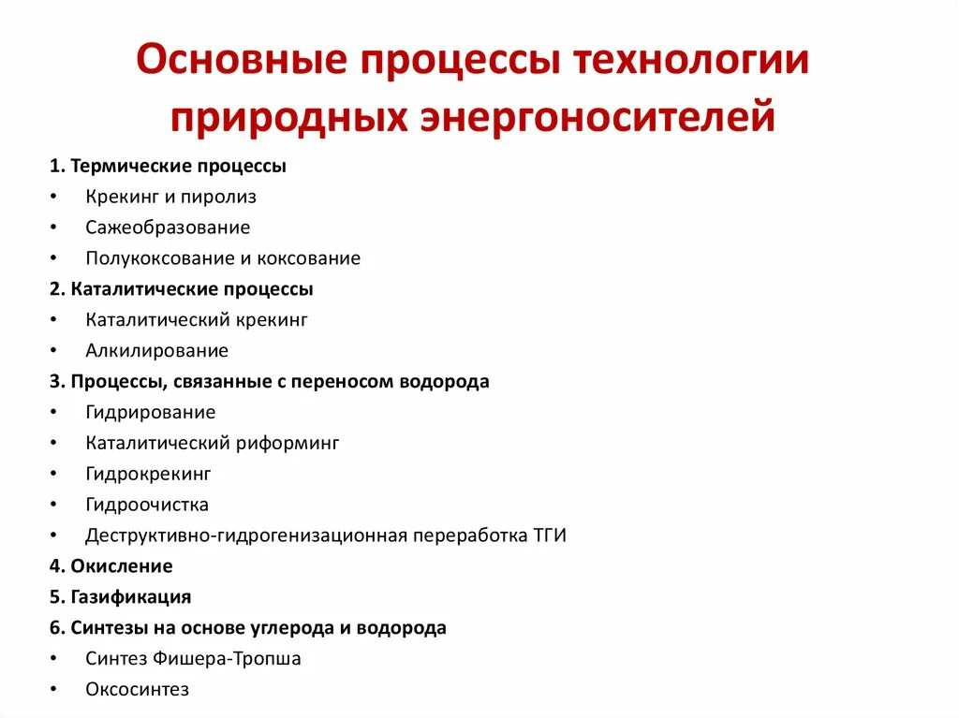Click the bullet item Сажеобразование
coord(168,227)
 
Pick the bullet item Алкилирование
coord(156,351)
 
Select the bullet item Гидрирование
coord(150,413)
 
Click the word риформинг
coord(293,443)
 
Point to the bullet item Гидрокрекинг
coord(148,474)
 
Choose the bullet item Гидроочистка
coord(147,505)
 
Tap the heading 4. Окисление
coord(111,565)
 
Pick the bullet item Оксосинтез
coord(137,689)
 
